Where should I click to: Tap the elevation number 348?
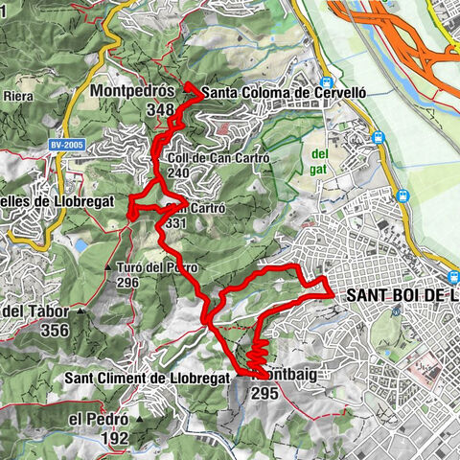pos(161,109)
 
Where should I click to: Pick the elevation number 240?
pos(177,173)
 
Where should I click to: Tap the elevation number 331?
pos(176,222)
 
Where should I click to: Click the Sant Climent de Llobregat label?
pos(148,378)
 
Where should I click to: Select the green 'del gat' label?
pos(318,161)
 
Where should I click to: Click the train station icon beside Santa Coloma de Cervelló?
pos(328,82)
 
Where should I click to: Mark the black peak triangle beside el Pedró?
pos(140,419)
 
